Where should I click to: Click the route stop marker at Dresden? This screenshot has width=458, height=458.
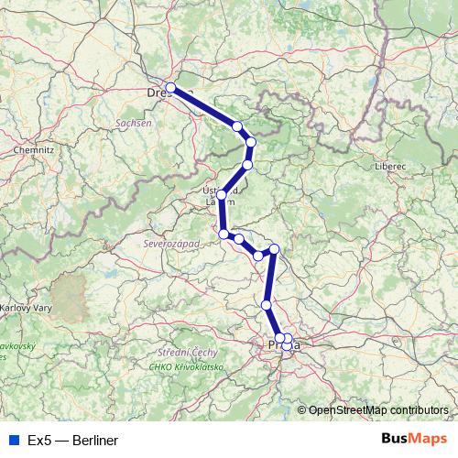click(170, 88)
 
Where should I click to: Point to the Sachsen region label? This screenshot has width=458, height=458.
click(134, 122)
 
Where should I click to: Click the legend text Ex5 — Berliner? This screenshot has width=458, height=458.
click(73, 441)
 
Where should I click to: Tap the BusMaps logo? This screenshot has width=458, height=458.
click(414, 440)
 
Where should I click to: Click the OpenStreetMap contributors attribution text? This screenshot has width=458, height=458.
click(378, 410)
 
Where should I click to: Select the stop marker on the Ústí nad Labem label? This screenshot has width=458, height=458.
click(222, 194)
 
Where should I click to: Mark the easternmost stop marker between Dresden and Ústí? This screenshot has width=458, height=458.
click(252, 142)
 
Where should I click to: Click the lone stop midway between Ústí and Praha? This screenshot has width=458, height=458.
click(267, 305)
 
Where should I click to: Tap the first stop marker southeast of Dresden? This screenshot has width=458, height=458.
click(237, 125)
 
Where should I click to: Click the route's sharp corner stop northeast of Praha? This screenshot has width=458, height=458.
click(274, 248)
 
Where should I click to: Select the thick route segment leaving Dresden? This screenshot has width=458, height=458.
click(203, 106)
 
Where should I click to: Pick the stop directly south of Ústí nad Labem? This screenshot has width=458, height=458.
click(224, 234)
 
